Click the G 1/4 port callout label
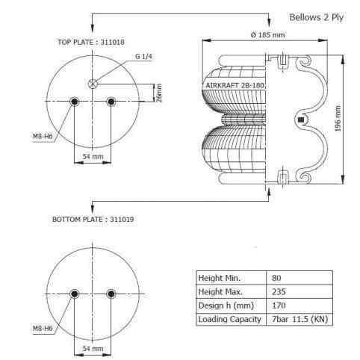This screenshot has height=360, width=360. pyautogui.click(x=143, y=56)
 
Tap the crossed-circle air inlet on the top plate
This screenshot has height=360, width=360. pyautogui.click(x=93, y=84)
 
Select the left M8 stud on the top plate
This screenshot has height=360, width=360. pyautogui.click(x=74, y=102)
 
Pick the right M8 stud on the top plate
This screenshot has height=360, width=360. pyautogui.click(x=111, y=102)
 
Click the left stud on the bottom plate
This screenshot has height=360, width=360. pyautogui.click(x=74, y=294)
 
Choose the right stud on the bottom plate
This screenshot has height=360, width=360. pyautogui.click(x=111, y=294)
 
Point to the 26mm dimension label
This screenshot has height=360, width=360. pyautogui.click(x=159, y=93)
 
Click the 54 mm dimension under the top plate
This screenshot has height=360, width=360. pyautogui.click(x=93, y=156)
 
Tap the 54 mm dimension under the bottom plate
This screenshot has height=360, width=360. pyautogui.click(x=93, y=349)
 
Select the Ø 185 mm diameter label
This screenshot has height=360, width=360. pyautogui.click(x=268, y=35)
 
